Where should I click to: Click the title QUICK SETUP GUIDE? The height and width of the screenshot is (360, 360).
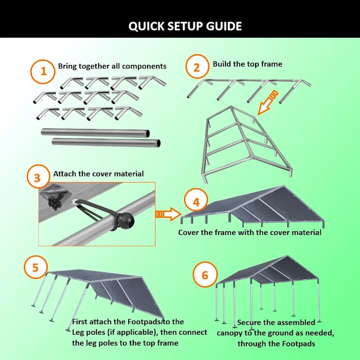tap(185, 26)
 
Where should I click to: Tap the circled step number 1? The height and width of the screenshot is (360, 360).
tap(44, 72)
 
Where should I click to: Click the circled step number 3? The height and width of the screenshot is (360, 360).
tap(37, 178)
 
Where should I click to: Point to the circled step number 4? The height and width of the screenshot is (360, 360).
tap(196, 202)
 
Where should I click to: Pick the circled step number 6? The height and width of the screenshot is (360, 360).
tap(205, 274)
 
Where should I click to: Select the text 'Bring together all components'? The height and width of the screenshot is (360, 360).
tap(112, 66)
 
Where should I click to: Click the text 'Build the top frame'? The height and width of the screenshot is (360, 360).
tap(247, 64)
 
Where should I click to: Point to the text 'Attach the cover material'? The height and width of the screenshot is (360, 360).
tap(98, 174)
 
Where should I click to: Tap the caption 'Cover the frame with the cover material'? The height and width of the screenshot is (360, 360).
tap(250, 233)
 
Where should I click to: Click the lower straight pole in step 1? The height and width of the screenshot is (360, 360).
tap(106, 143)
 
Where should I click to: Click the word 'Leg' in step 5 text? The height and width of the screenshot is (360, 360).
tap(79, 333)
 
